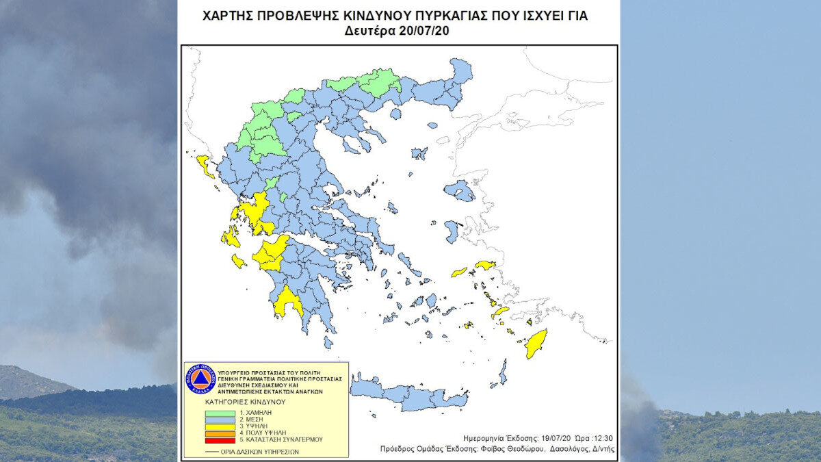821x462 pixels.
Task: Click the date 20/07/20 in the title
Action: coord(423,31)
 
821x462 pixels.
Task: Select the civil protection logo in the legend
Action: coord(200,378)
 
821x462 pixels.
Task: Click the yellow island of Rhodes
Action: coord(536,343)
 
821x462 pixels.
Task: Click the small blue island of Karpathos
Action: coord(503,372)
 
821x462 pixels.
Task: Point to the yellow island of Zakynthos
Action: coord(238,261)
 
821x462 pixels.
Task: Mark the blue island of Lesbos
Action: coord(460,190)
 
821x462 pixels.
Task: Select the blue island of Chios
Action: coord(452,231)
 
